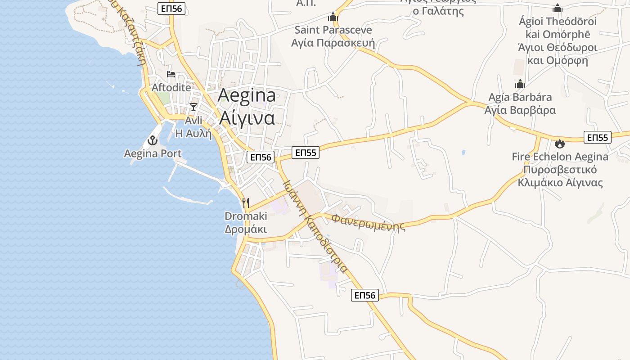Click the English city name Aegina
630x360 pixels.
[x=247, y=95]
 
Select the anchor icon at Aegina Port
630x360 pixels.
[x=153, y=140]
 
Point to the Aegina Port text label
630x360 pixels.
[x=153, y=153]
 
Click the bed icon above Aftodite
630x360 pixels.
[x=171, y=74]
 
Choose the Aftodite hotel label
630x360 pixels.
[x=171, y=87]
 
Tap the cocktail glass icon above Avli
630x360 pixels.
[x=193, y=107]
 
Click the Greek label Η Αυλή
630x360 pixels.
[x=193, y=133]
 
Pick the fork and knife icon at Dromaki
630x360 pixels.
[x=246, y=203]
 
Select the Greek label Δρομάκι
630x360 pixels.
[x=246, y=229]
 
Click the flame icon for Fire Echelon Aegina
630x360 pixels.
[x=560, y=144]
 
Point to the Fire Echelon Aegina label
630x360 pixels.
[x=560, y=157]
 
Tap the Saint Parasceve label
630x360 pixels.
[x=333, y=30]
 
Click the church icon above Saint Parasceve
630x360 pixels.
[x=333, y=17]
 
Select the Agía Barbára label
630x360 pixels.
[x=520, y=97]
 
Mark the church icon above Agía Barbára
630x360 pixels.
[x=520, y=84]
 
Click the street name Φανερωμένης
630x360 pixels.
[x=368, y=222]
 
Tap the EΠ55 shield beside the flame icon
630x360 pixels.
[x=597, y=137]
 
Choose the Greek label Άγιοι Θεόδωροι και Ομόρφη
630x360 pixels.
[x=557, y=54]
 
